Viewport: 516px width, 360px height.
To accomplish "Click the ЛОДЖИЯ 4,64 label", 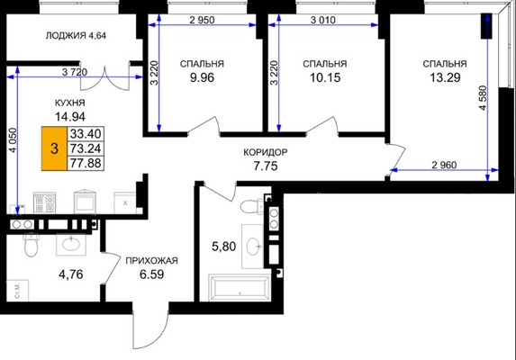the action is (x=76, y=35).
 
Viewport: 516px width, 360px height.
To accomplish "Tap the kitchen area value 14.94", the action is (x=70, y=116).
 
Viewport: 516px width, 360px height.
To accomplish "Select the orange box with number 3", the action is (x=54, y=148).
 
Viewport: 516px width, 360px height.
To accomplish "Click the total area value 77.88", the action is (x=86, y=163).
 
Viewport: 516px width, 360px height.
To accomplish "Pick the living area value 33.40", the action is (x=86, y=134).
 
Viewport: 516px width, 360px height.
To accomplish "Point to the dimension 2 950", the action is (x=202, y=20).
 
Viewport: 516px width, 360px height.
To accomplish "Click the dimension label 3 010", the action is (x=323, y=20).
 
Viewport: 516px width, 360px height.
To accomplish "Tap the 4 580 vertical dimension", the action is (x=483, y=98).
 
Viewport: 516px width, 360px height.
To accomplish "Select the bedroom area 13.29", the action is (x=445, y=77).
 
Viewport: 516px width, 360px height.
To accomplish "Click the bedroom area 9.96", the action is (x=202, y=77).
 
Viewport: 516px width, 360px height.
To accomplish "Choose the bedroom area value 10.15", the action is (x=325, y=77).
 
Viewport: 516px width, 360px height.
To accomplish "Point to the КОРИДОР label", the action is (x=266, y=152).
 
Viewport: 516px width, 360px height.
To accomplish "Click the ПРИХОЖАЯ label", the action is (x=151, y=261).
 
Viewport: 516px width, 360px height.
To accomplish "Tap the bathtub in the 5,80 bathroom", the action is (x=240, y=287).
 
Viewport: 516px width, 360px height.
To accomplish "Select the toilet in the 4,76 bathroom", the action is (x=32, y=245).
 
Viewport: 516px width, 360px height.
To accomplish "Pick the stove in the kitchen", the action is (x=45, y=202).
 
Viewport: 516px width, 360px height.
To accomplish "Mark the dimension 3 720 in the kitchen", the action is (x=75, y=72).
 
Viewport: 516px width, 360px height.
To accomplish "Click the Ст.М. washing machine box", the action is (x=17, y=291).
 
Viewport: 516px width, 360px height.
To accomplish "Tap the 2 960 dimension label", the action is (x=444, y=165).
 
